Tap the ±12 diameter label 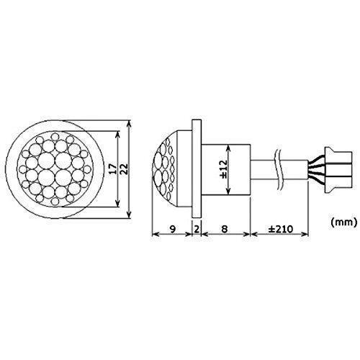[x=223, y=169]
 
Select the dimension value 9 [x=172, y=229]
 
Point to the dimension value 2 [x=197, y=229]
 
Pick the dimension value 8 [x=224, y=229]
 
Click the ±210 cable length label [x=281, y=229]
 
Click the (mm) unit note [x=344, y=222]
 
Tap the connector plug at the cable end [x=338, y=170]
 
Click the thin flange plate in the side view [x=197, y=168]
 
